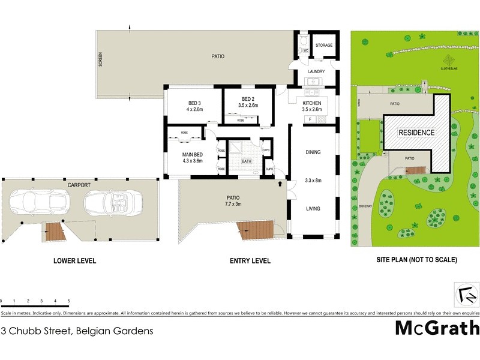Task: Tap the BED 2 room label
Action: pyautogui.click(x=248, y=99)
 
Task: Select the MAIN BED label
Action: pyautogui.click(x=193, y=155)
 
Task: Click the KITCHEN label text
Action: pyautogui.click(x=312, y=103)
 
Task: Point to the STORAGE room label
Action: pyautogui.click(x=324, y=46)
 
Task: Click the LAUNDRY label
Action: pyautogui.click(x=316, y=71)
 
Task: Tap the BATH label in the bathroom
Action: pyautogui.click(x=247, y=161)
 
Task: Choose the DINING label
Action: pyautogui.click(x=313, y=152)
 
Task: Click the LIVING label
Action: pyautogui.click(x=313, y=209)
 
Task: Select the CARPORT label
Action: pyautogui.click(x=79, y=185)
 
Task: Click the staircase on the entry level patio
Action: pyautogui.click(x=253, y=229)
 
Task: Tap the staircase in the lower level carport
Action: pyautogui.click(x=55, y=231)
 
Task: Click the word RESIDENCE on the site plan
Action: pyautogui.click(x=418, y=132)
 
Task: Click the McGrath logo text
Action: pyautogui.click(x=437, y=328)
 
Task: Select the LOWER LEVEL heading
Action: pyautogui.click(x=74, y=261)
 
